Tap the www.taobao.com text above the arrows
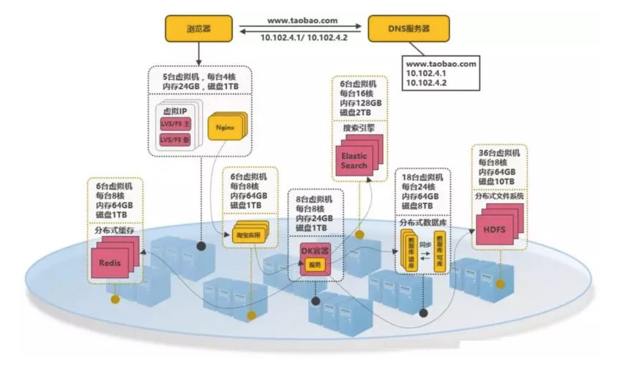(x=302, y=20)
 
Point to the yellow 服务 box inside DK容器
(x=315, y=265)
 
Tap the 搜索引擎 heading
(x=355, y=126)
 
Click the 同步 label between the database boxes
(x=426, y=246)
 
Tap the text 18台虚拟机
(x=422, y=177)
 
